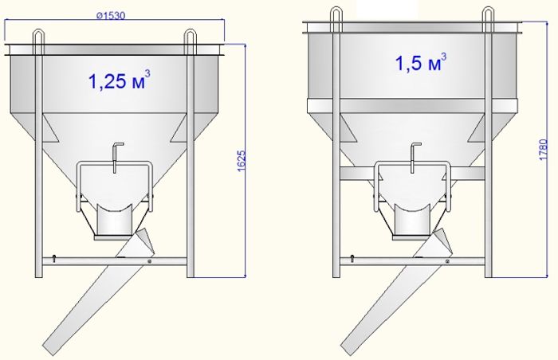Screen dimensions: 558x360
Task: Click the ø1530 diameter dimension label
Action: pyautogui.click(x=111, y=16)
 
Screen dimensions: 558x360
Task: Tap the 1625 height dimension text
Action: pyautogui.click(x=242, y=161)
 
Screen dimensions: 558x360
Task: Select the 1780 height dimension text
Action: pyautogui.click(x=544, y=150)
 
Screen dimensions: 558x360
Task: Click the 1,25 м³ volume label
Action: pyautogui.click(x=119, y=80)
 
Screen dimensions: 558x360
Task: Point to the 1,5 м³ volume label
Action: pyautogui.click(x=421, y=62)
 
